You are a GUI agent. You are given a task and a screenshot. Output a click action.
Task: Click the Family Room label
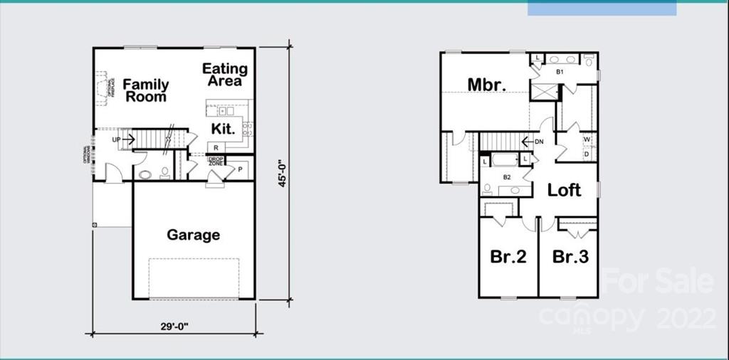(x=146, y=90)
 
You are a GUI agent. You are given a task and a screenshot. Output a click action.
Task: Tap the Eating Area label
(x=225, y=75)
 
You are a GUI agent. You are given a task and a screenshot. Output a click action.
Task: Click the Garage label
(x=193, y=235)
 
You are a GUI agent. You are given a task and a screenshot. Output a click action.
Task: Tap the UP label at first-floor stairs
(x=116, y=139)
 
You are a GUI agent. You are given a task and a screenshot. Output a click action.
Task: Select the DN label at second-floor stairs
(x=539, y=141)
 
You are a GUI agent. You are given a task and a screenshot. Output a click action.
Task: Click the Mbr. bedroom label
(x=487, y=84)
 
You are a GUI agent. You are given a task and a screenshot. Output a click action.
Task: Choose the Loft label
(x=564, y=190)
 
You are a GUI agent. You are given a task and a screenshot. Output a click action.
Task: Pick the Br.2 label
(x=508, y=257)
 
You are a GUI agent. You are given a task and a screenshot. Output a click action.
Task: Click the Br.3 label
(x=570, y=257)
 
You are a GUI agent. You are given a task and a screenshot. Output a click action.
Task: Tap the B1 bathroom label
(x=560, y=72)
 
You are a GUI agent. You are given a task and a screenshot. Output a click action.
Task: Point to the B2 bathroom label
(x=508, y=177)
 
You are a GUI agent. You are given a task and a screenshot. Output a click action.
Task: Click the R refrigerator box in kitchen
(x=216, y=147)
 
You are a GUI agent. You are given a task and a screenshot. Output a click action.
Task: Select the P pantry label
(x=240, y=169)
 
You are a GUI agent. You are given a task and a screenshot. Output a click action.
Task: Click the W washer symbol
(x=587, y=139)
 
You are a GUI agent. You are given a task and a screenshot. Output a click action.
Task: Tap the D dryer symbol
(x=587, y=153)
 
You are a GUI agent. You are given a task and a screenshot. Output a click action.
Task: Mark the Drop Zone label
(x=216, y=161)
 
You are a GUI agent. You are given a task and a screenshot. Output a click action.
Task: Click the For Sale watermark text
(x=657, y=281)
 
